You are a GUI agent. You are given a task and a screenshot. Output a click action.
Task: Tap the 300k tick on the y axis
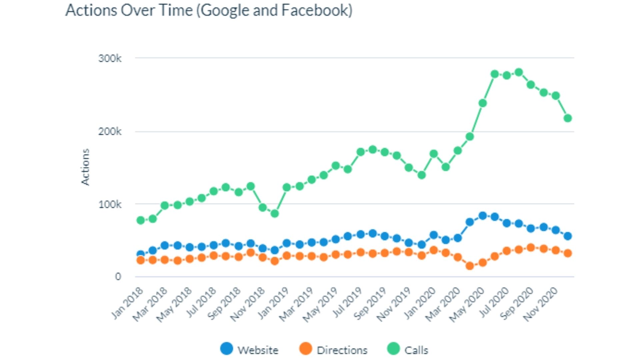(110, 58)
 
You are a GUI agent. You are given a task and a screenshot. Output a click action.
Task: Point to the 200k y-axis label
(110, 131)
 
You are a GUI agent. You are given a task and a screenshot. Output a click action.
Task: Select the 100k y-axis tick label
(110, 204)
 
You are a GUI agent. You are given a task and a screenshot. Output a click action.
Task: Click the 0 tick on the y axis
(118, 277)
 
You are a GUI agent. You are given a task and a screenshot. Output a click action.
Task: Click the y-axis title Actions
(85, 167)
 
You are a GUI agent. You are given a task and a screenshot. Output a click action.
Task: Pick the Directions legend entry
(333, 350)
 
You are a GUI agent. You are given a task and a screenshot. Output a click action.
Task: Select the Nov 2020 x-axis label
(541, 304)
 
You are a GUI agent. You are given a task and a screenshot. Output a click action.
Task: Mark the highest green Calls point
(519, 72)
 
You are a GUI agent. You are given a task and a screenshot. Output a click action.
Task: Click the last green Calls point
(568, 118)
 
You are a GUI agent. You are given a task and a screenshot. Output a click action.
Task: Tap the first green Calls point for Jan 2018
(141, 220)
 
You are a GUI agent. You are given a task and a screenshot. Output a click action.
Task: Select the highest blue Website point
(482, 216)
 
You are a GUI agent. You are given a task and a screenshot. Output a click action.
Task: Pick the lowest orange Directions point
(470, 266)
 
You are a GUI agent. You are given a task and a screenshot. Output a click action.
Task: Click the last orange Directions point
(568, 253)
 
